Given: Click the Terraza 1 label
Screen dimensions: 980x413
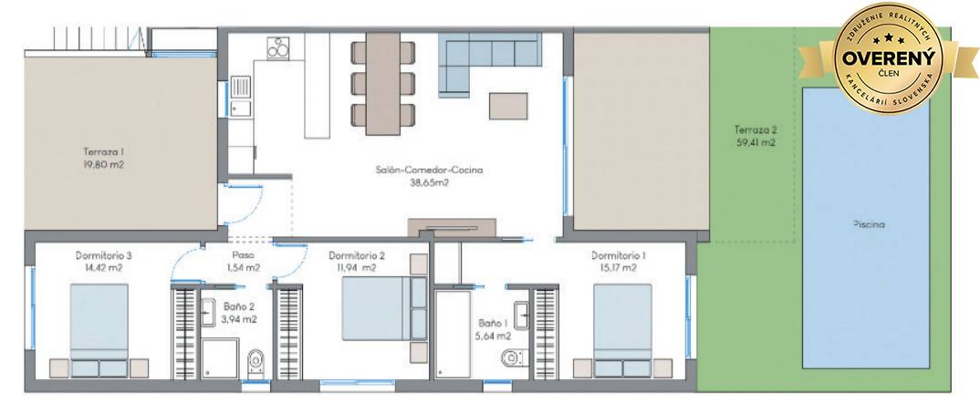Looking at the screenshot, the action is [104, 151].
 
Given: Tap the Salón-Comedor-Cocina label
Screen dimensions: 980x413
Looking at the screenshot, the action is [430, 170].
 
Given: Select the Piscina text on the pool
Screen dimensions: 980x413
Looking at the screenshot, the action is [869, 224].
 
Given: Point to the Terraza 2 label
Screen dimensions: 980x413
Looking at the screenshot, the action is [755, 130].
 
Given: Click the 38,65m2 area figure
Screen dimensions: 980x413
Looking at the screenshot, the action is [430, 183].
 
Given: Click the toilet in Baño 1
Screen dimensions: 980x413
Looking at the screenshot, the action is [513, 358].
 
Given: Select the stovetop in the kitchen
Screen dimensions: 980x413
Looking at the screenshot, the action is [278, 47].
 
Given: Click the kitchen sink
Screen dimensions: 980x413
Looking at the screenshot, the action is [241, 97].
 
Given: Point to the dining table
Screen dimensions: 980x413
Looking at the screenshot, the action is [382, 84].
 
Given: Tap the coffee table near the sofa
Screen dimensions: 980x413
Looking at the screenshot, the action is [508, 106].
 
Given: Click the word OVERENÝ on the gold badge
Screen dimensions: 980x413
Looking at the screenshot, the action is [888, 58].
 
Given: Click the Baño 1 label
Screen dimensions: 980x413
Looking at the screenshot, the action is [492, 323].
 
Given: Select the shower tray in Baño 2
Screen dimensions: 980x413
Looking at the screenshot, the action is [220, 358].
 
